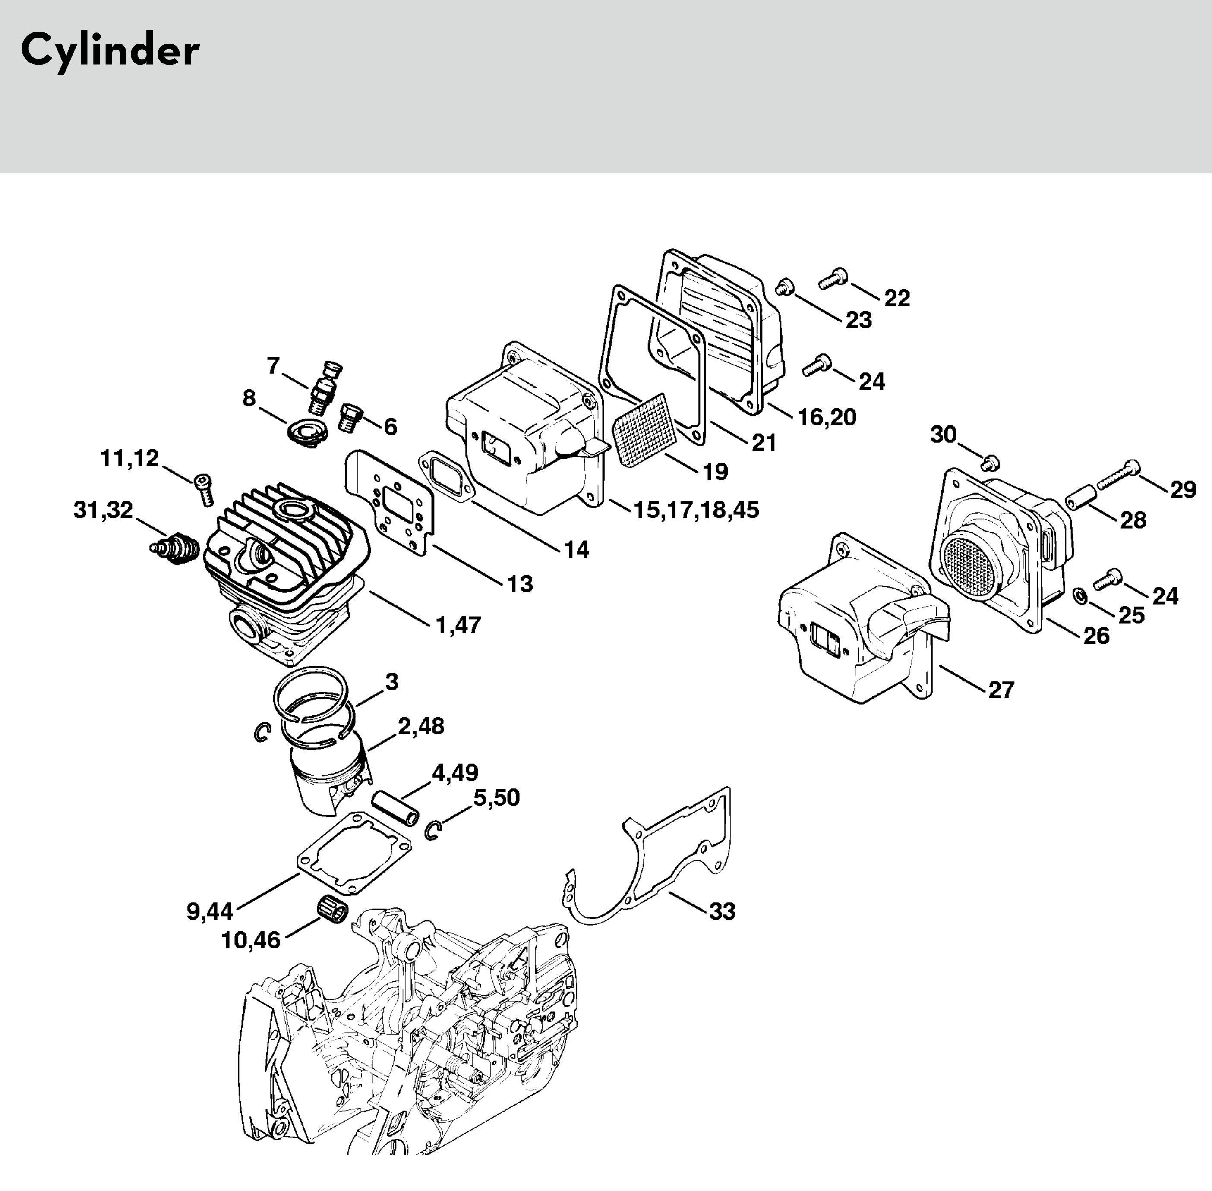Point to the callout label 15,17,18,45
[696, 510]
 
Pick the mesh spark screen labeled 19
[641, 432]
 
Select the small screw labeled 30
[990, 463]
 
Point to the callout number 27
[1001, 690]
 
